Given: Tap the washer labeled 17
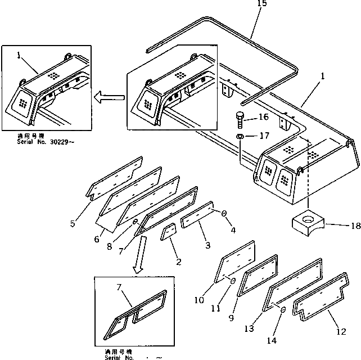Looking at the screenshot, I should pyautogui.click(x=240, y=137).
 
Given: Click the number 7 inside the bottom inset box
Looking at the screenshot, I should pyautogui.click(x=119, y=287).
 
